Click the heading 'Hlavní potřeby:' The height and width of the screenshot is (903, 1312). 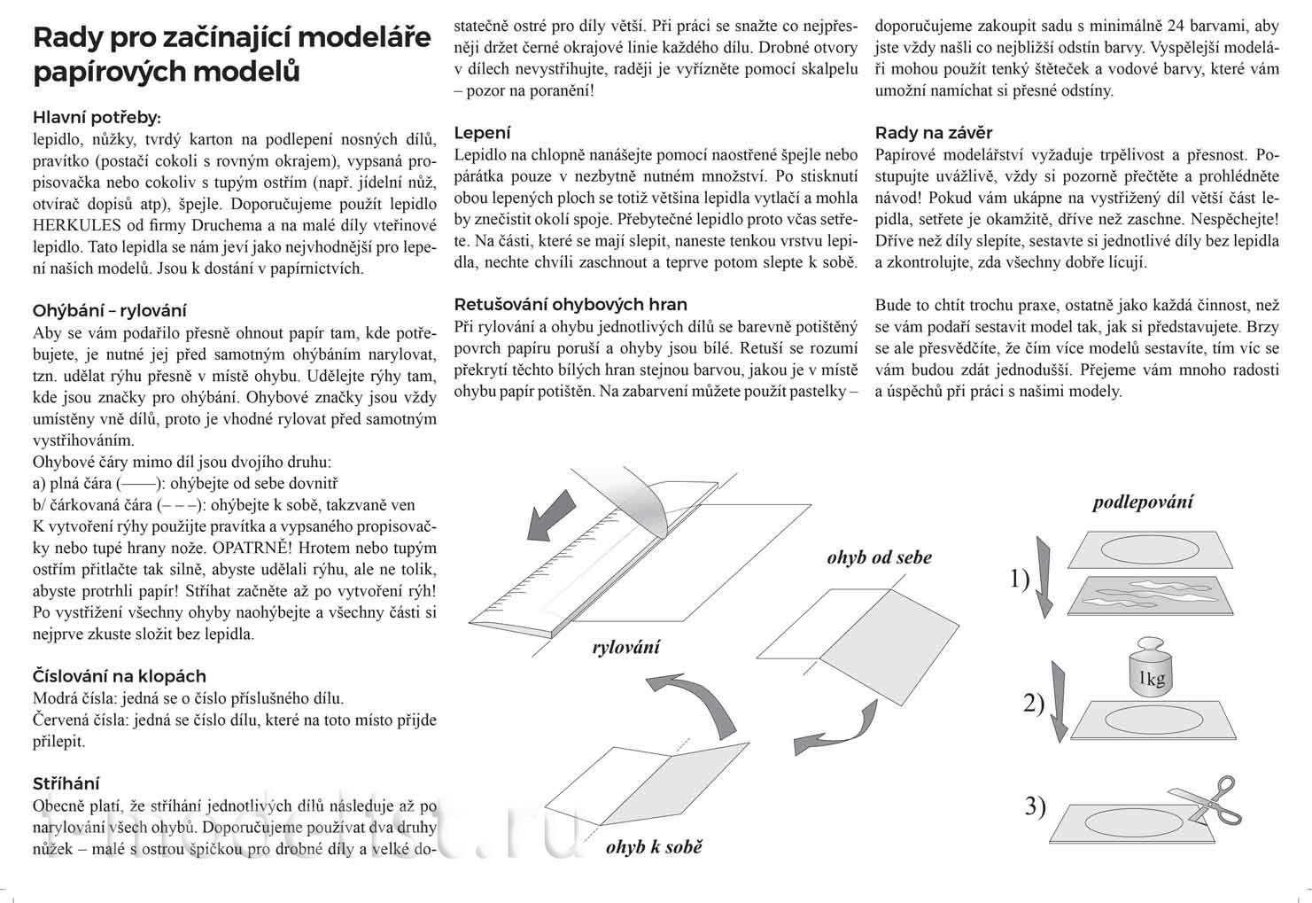97,118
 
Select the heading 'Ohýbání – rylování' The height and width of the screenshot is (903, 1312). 109,311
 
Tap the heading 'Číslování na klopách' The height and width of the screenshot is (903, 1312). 119,676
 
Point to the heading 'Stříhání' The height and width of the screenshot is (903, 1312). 66,783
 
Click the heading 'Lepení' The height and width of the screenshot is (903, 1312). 482,133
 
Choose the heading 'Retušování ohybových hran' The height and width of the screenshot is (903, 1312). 571,304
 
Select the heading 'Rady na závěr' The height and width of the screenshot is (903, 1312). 934,134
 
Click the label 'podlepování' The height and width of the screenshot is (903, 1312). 1142,502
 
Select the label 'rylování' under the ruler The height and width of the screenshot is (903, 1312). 625,647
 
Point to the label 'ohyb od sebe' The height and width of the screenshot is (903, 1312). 879,557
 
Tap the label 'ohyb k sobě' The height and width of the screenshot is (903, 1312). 654,847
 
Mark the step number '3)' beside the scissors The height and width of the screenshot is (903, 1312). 1036,806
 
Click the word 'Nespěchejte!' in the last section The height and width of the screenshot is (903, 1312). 1236,218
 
